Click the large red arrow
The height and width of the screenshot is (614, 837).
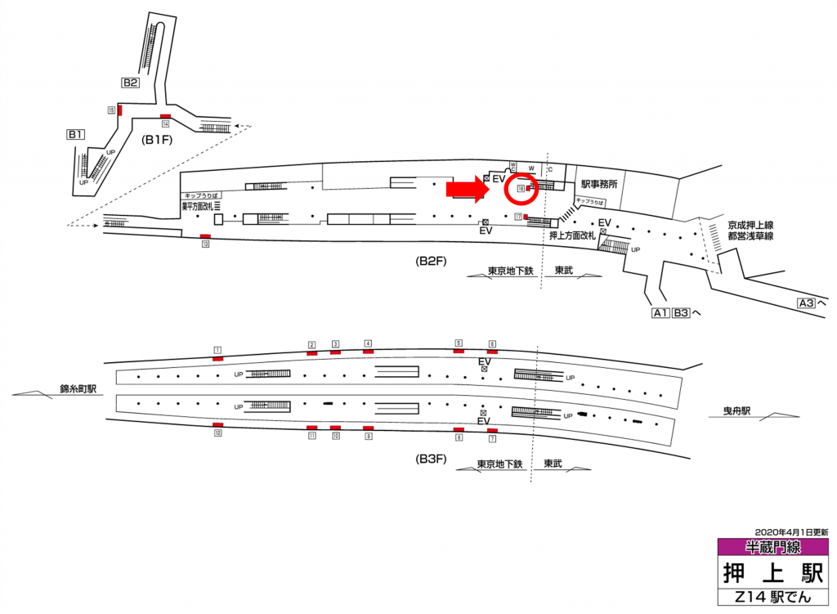(x=466, y=190)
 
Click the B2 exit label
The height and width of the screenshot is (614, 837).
(x=131, y=83)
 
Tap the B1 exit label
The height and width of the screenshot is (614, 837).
(x=76, y=134)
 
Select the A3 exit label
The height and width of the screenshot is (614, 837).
(x=807, y=303)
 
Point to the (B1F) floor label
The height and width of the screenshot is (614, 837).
(x=156, y=139)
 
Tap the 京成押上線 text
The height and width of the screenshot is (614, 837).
(x=750, y=223)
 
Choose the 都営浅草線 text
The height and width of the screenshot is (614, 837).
(x=750, y=235)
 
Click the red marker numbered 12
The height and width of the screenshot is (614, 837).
(x=217, y=425)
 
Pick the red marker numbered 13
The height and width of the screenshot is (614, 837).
(x=205, y=236)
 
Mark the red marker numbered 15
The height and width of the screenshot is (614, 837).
(x=120, y=110)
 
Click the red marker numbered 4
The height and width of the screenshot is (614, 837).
(x=368, y=351)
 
